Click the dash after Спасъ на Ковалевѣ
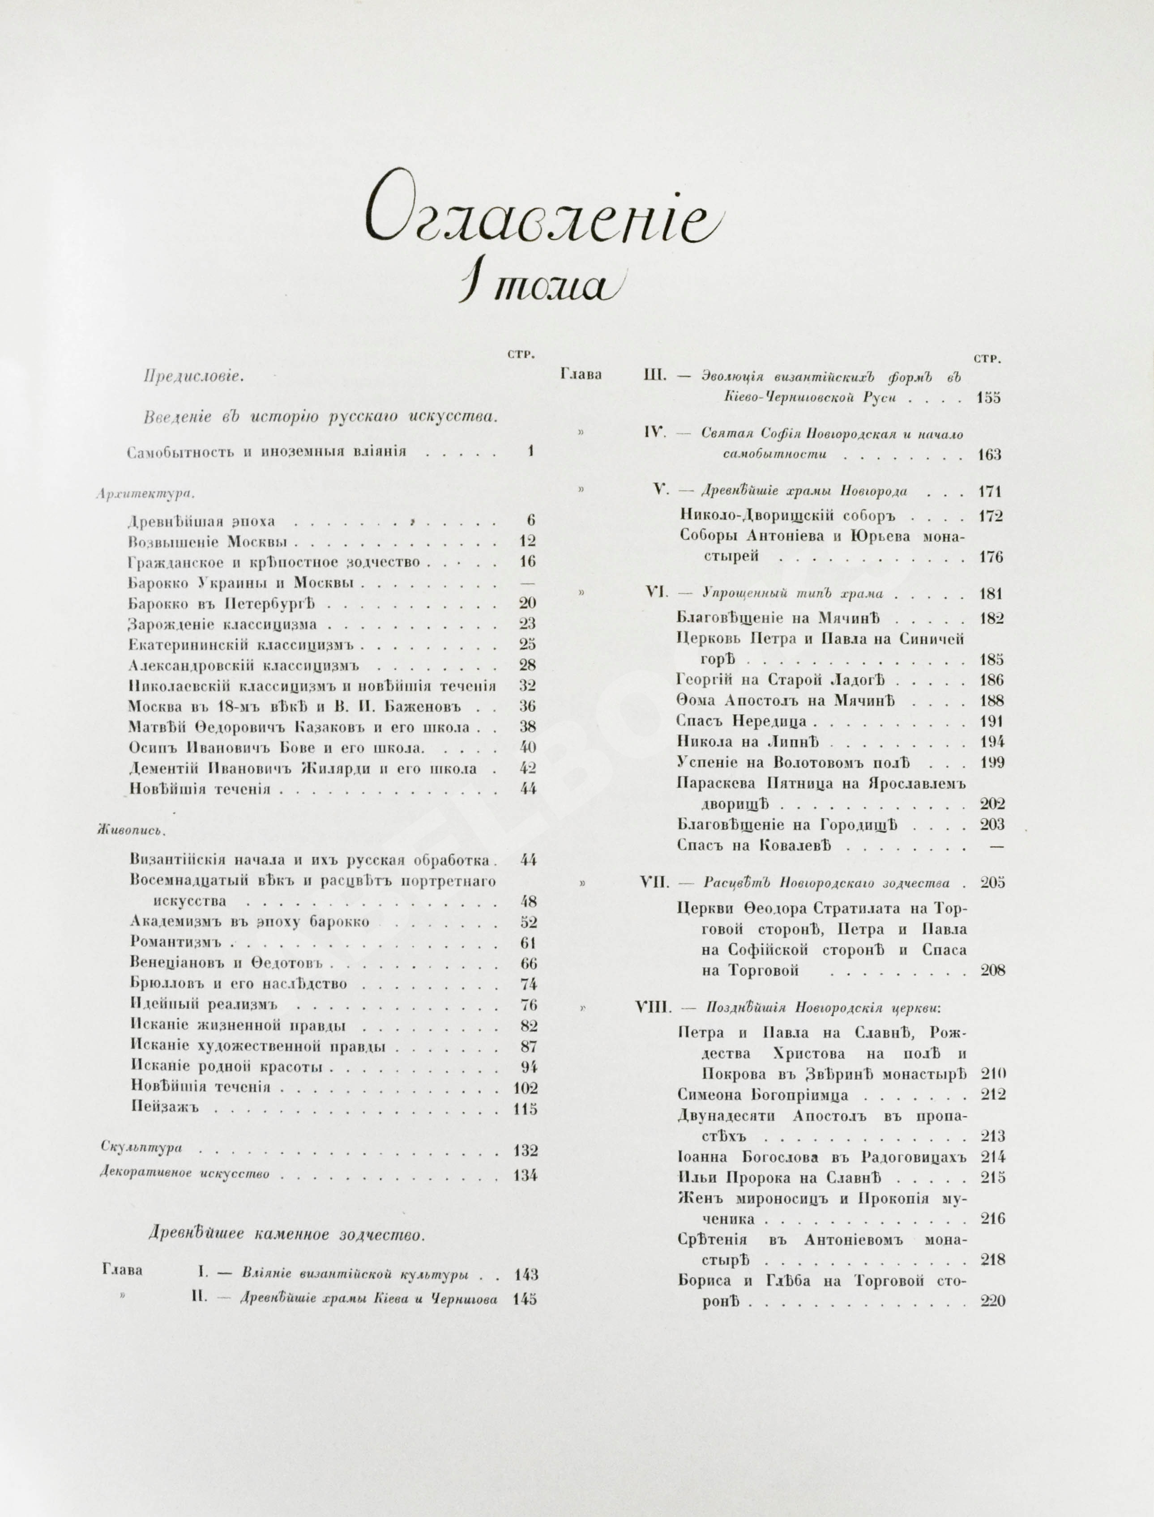pyautogui.click(x=996, y=846)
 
